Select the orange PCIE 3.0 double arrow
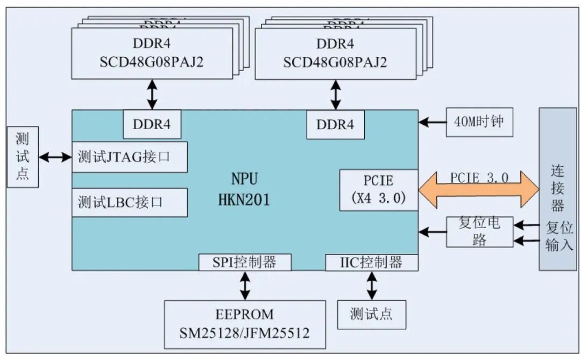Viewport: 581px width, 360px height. [478, 190]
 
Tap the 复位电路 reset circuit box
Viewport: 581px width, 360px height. [479, 232]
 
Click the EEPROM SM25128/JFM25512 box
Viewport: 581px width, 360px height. [245, 324]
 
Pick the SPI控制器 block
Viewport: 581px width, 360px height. [245, 262]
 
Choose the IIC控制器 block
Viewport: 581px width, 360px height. [371, 262]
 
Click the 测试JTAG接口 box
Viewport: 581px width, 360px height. [130, 157]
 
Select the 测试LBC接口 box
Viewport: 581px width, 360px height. [130, 202]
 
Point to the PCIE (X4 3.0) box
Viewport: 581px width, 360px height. [378, 189]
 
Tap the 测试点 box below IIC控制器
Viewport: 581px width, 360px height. [371, 314]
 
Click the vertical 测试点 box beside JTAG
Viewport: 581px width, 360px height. [23, 157]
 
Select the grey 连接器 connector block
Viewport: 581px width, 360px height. [557, 188]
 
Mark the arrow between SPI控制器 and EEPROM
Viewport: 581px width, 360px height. [245, 285]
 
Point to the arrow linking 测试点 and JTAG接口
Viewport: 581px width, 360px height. [55, 157]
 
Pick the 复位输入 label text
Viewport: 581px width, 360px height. [559, 236]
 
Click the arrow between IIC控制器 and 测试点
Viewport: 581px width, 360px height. [372, 285]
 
